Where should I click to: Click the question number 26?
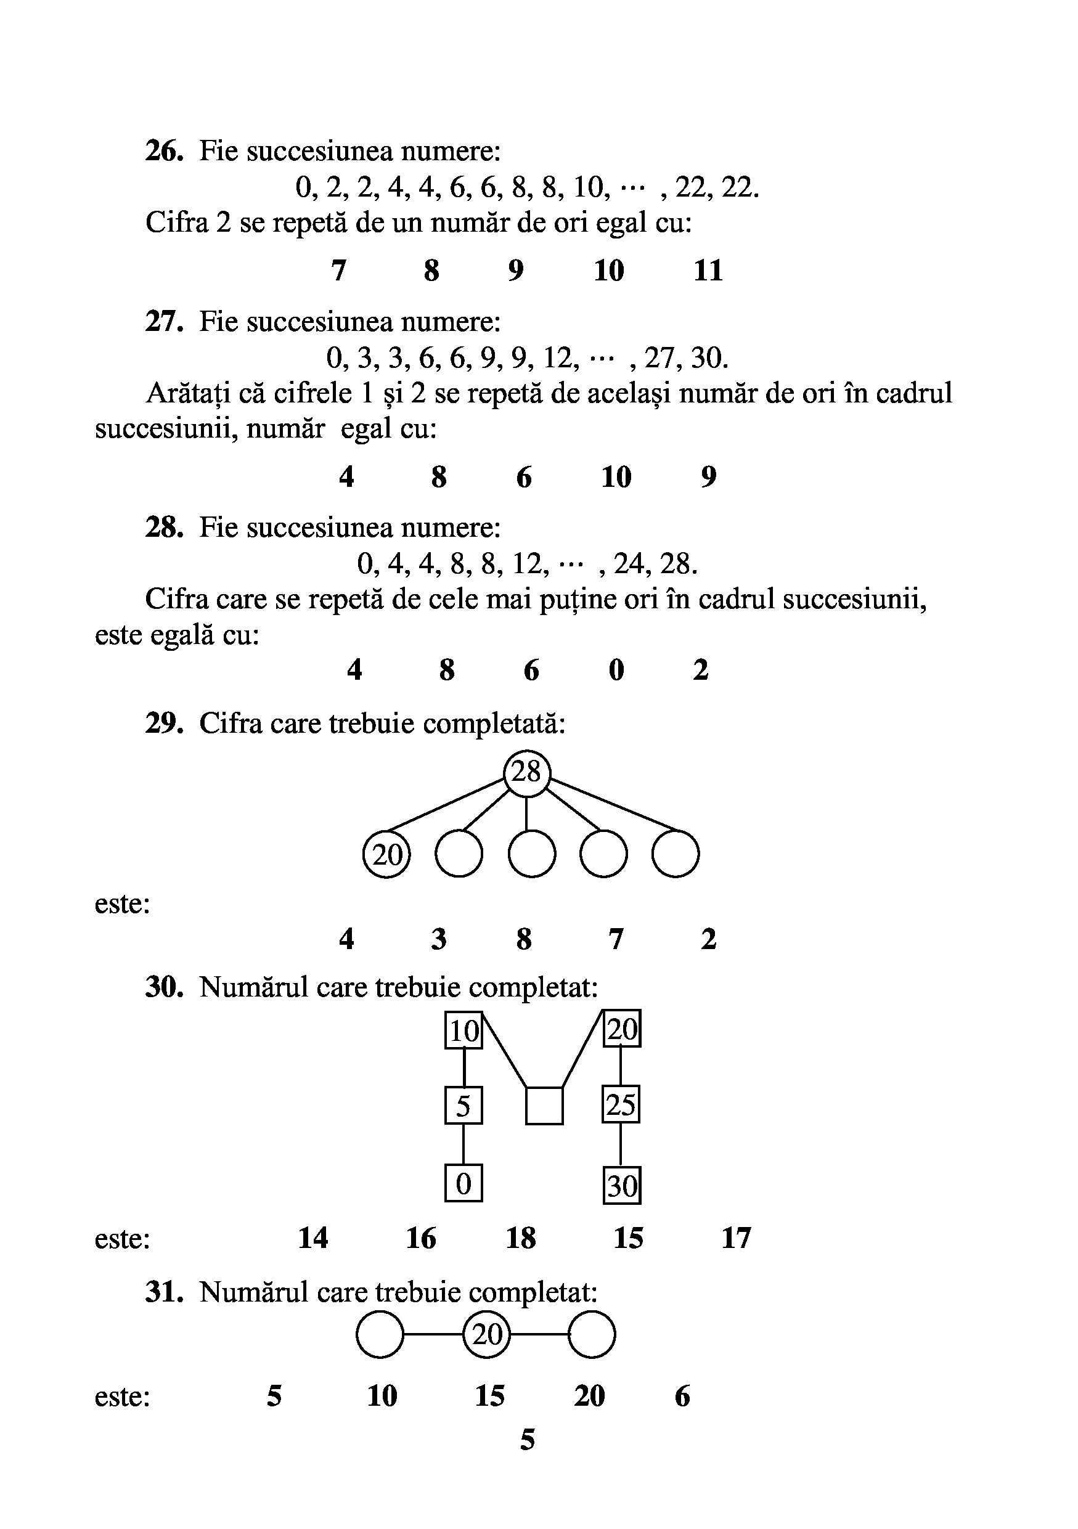[164, 151]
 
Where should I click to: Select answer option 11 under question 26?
[708, 271]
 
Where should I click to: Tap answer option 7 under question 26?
[338, 271]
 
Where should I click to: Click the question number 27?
[164, 322]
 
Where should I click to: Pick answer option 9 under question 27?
[708, 477]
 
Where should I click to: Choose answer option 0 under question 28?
[616, 670]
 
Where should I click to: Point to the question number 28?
[164, 528]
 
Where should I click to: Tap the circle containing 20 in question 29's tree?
[387, 854]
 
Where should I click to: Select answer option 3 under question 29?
[438, 939]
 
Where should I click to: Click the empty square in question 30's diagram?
[544, 1106]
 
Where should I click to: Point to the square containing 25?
[621, 1105]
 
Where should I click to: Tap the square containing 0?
[463, 1183]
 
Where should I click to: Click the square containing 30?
[622, 1185]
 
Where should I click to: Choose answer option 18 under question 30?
[521, 1239]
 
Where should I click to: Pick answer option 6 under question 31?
[682, 1396]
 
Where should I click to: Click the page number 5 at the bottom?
[528, 1440]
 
